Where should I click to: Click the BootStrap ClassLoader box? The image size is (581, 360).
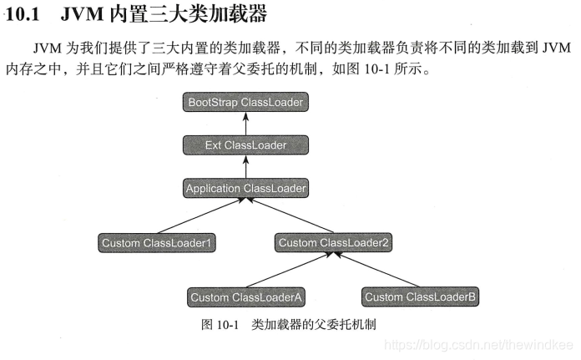pos(245,103)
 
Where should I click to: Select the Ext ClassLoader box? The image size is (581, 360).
pos(245,145)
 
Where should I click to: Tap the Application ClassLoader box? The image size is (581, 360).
pos(245,188)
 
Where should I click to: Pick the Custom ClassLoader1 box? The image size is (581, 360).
pos(158,243)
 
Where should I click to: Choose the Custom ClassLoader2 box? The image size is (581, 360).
pos(333,243)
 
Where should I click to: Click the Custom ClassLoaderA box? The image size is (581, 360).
pos(245,297)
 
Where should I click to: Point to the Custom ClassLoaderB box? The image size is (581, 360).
pos(420,297)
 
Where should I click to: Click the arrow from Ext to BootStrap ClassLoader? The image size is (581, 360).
pos(245,124)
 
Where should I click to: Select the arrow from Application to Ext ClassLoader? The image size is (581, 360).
pos(245,167)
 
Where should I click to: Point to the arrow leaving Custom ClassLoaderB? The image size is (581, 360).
pos(376,270)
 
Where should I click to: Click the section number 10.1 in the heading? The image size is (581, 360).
pos(23,14)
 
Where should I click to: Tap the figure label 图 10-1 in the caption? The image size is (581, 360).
pos(220,324)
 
